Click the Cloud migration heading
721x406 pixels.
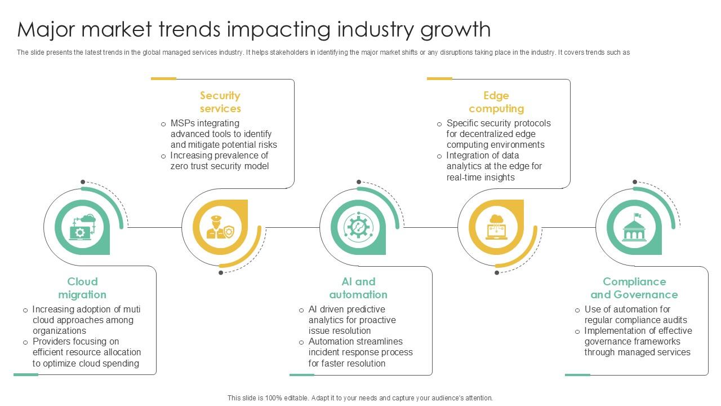[x=82, y=288]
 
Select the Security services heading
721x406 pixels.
[x=220, y=102]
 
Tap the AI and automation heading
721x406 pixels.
[x=358, y=288]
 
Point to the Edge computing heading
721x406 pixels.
[x=496, y=102]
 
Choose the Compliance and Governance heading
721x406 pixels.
[x=634, y=288]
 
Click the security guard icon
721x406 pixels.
[x=220, y=227]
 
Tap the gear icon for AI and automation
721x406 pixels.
[x=358, y=227]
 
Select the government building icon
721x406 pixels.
[x=634, y=227]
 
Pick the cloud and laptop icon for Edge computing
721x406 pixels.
[x=496, y=227]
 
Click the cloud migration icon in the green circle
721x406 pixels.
[x=82, y=227]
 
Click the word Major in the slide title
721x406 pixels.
[x=46, y=29]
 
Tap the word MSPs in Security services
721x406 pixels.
[x=184, y=123]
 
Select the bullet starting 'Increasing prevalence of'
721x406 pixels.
[x=220, y=161]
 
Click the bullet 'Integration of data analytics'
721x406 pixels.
[x=494, y=166]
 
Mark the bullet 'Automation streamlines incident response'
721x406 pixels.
[x=360, y=352]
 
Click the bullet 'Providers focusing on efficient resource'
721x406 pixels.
[x=86, y=352]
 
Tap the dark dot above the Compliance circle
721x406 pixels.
[x=635, y=182]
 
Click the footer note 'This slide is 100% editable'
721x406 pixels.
[x=360, y=398]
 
